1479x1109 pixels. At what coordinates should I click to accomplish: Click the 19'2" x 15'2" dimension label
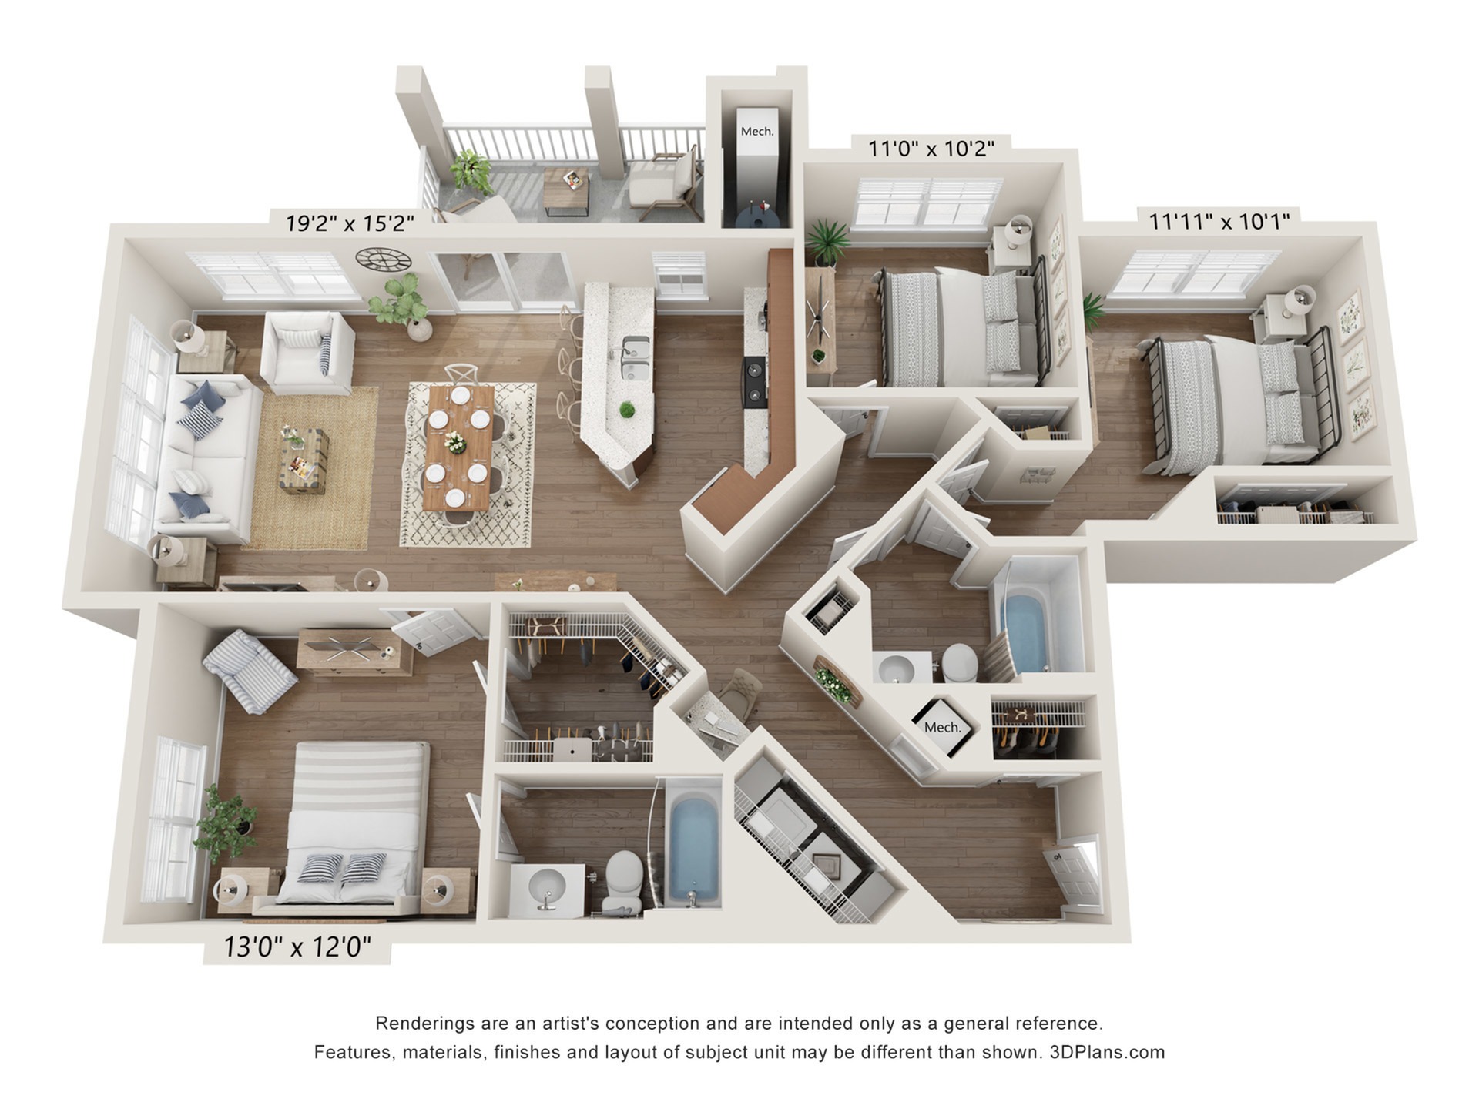tap(350, 223)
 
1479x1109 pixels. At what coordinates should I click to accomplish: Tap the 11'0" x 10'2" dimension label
tap(931, 148)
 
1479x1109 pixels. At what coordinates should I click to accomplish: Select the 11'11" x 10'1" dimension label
tap(1219, 222)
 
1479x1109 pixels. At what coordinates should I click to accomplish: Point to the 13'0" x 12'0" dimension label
tap(297, 947)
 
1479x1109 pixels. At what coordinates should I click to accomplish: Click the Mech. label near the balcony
tap(756, 132)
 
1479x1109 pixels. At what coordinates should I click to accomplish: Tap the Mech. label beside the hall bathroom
tap(942, 727)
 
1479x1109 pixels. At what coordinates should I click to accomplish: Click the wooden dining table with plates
tap(459, 447)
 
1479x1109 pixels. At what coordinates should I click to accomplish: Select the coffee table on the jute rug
tap(304, 461)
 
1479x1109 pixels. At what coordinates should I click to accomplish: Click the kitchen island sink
tap(635, 358)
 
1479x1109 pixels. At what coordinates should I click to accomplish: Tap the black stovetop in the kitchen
tap(754, 381)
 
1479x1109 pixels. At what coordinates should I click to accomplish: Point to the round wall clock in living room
tap(383, 259)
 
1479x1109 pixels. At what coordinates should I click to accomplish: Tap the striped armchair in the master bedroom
tap(250, 670)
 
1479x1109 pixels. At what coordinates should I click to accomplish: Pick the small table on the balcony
tap(567, 190)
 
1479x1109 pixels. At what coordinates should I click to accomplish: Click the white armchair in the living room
tap(306, 351)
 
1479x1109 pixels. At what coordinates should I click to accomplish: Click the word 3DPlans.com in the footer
tap(1107, 1052)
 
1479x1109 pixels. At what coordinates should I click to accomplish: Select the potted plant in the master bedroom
tap(225, 823)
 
